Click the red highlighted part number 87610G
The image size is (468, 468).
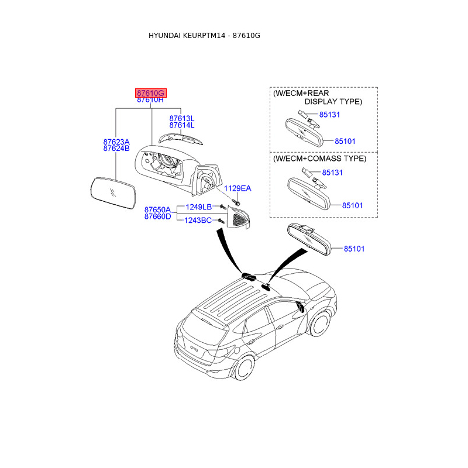tap(151, 93)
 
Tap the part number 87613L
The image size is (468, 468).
tap(181, 118)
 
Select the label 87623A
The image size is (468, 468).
tap(116, 142)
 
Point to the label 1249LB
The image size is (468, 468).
tap(198, 207)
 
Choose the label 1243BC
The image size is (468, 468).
tap(198, 220)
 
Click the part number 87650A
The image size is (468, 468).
tap(157, 209)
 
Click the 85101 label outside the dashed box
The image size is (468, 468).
tap(353, 249)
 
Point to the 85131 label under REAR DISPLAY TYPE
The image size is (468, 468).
tap(329, 115)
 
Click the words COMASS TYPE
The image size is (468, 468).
tap(339, 159)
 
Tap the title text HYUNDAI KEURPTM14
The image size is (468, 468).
tap(188, 36)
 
